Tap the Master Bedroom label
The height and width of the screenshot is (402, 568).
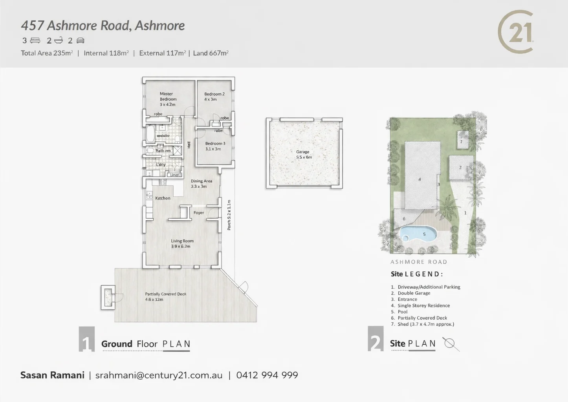tap(168, 99)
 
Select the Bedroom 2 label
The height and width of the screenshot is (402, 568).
tap(214, 97)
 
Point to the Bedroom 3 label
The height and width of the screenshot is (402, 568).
tap(215, 146)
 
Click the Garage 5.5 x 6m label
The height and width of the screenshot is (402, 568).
tap(304, 154)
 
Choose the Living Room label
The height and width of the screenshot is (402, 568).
tap(182, 243)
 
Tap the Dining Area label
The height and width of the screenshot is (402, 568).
tap(201, 183)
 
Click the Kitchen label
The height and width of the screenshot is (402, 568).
tap(163, 198)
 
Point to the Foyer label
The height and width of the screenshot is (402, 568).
tap(199, 213)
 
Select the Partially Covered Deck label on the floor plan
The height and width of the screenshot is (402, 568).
tap(165, 296)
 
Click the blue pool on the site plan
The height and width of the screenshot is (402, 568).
tap(418, 234)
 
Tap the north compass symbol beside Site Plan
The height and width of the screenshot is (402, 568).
tap(450, 344)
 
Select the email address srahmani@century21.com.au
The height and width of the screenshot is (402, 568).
tap(159, 375)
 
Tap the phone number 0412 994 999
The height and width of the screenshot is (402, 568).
tap(267, 375)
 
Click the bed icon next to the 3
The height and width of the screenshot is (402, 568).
tap(35, 40)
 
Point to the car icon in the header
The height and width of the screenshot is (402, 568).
tap(80, 40)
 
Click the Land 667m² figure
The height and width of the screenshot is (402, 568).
tap(211, 53)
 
